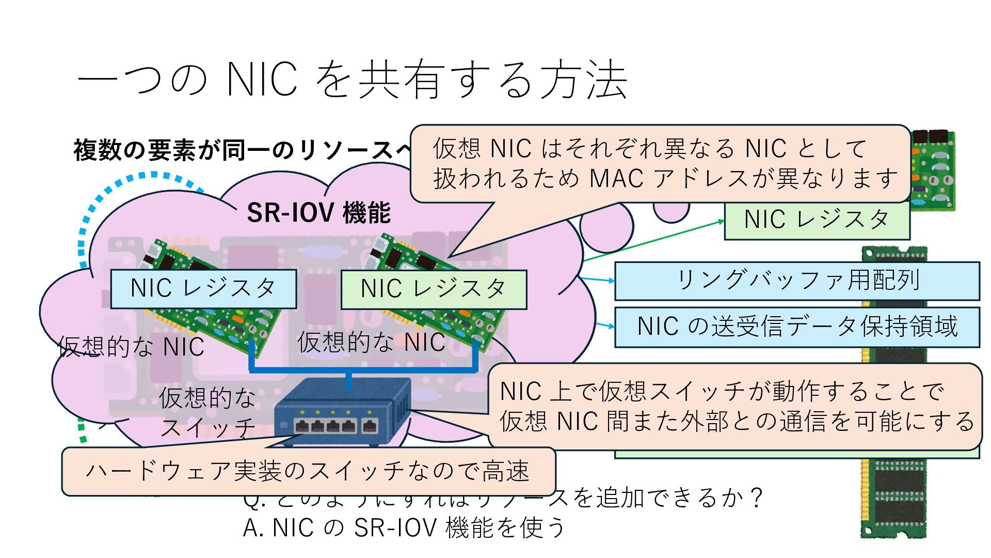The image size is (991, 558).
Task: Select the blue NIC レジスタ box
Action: [x=203, y=288]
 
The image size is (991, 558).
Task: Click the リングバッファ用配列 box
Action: [x=797, y=281]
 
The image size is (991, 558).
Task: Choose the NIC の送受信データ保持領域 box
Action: [x=797, y=327]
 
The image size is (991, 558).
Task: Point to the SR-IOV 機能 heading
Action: [x=318, y=212]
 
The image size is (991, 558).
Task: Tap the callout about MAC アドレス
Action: [x=660, y=163]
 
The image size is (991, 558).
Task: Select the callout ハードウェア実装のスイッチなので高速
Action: [x=308, y=471]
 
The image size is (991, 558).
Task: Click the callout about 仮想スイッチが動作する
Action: [x=735, y=406]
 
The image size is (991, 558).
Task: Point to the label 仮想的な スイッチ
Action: [x=207, y=412]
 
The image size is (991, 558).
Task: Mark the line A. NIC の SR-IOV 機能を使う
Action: [x=404, y=528]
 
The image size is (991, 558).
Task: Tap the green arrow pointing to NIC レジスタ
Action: [x=653, y=240]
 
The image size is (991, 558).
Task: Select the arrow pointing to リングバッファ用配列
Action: [x=598, y=280]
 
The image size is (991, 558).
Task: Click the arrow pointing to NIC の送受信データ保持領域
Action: [x=605, y=325]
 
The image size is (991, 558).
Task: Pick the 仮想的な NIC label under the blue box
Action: [x=131, y=347]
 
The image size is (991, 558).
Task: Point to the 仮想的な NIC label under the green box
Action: [x=371, y=343]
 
